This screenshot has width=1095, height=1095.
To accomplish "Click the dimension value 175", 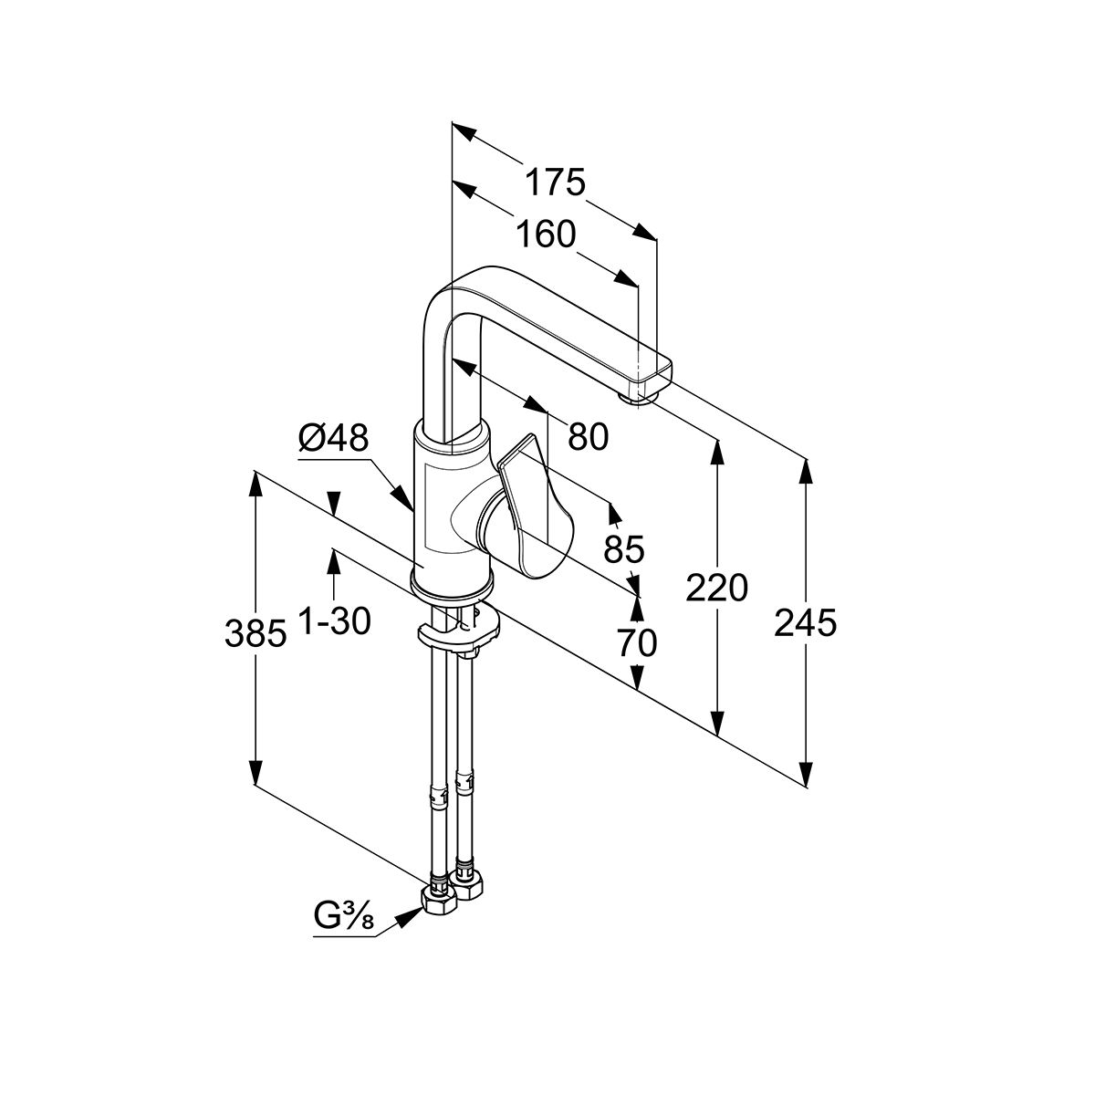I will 554,182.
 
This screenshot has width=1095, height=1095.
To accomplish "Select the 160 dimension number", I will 545,235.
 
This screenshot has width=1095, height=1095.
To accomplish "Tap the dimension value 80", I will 588,438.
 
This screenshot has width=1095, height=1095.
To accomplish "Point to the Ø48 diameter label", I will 333,439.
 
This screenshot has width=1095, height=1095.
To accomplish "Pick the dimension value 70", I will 636,643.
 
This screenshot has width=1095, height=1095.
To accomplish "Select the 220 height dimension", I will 717,589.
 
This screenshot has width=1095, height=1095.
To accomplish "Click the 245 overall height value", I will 805,624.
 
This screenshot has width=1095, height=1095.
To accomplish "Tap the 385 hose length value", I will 255,631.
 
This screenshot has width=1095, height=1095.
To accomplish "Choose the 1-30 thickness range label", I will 334,622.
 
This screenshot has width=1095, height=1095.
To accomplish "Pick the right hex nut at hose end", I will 470,885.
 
